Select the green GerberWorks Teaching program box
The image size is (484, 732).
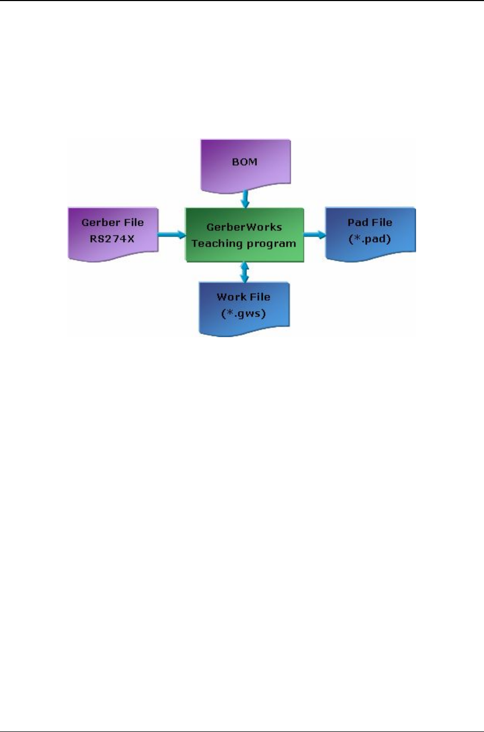[244, 235]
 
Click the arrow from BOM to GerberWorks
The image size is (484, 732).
[245, 199]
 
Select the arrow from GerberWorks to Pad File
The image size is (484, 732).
[315, 234]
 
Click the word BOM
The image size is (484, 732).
[245, 162]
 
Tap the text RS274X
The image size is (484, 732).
[112, 239]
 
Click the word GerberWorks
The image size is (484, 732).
[244, 227]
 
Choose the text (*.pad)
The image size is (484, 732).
[370, 239]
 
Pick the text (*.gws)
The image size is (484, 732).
[244, 313]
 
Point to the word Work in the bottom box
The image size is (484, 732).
[229, 297]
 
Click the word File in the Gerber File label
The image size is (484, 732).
[130, 223]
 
